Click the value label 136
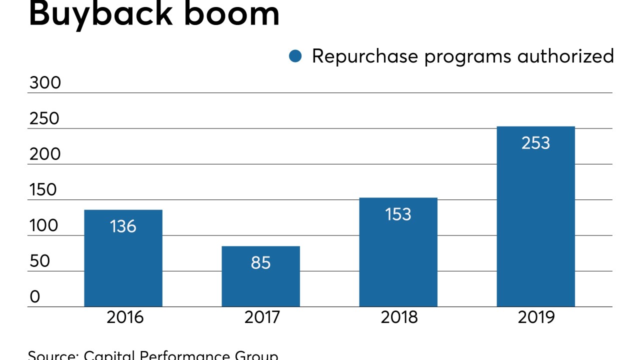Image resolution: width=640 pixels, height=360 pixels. pyautogui.click(x=123, y=226)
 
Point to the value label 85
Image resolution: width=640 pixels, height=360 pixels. pyautogui.click(x=260, y=262)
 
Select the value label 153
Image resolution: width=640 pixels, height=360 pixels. pyautogui.click(x=398, y=214)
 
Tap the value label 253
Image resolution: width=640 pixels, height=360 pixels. pyautogui.click(x=535, y=143)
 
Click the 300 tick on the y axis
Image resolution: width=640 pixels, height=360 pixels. pyautogui.click(x=44, y=83)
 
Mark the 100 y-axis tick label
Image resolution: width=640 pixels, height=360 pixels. pyautogui.click(x=43, y=226)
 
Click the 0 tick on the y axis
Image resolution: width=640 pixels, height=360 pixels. pyautogui.click(x=34, y=297)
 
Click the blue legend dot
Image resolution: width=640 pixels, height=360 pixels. pyautogui.click(x=295, y=56)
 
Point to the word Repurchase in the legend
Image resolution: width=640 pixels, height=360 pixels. pyautogui.click(x=365, y=56)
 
